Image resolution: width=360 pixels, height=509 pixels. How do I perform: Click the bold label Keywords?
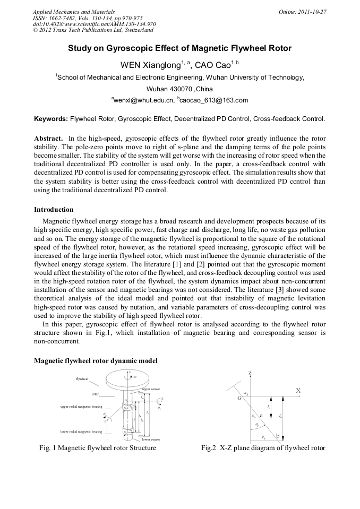[x=51, y=119]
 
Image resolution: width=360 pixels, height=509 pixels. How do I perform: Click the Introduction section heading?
[x=54, y=210]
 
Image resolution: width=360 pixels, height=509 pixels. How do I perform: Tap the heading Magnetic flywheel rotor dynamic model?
[x=96, y=361]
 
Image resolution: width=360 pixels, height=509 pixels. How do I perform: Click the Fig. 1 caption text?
[x=98, y=448]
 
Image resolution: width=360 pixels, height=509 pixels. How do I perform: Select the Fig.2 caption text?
[x=263, y=448]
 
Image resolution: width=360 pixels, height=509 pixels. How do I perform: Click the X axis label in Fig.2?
[x=298, y=391]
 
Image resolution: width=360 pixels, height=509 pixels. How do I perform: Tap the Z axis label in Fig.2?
[x=250, y=374]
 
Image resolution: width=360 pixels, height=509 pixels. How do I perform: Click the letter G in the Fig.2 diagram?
[x=239, y=397]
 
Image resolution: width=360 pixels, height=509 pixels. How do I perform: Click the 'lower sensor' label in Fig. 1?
[x=151, y=439]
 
